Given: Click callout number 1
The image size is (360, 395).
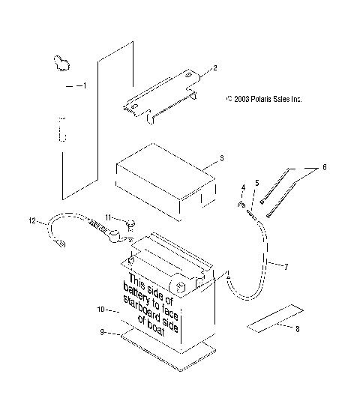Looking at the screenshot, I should click(x=83, y=86).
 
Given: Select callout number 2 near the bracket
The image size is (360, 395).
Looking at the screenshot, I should click(x=214, y=68).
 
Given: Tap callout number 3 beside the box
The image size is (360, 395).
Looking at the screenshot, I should click(x=221, y=159).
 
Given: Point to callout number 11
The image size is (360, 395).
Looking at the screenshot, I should click(x=109, y=217).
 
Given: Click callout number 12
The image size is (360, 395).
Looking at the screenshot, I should click(x=31, y=220).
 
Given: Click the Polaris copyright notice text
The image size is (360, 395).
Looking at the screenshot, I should click(x=263, y=98).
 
